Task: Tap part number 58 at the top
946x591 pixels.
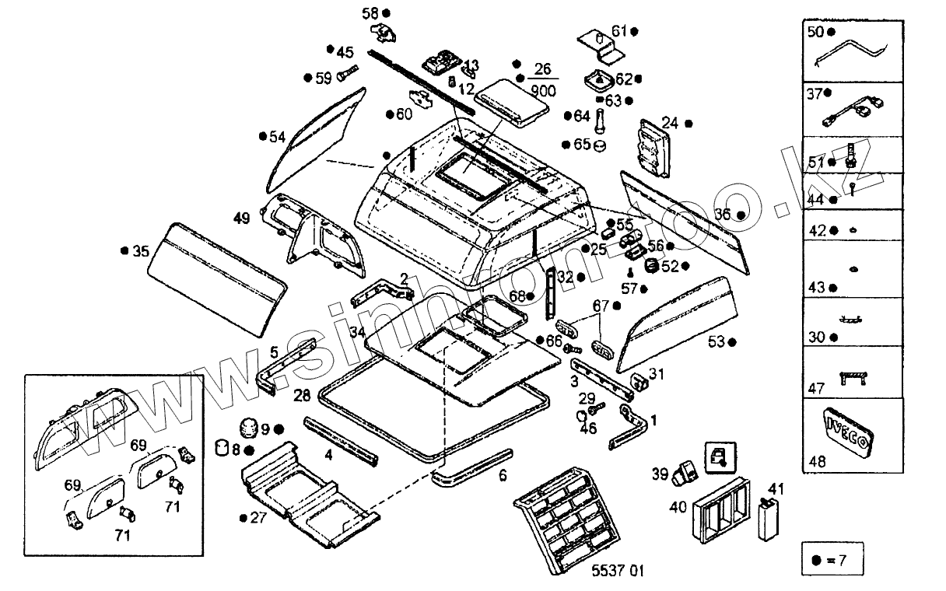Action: [x=370, y=13]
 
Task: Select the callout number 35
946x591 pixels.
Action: [x=140, y=251]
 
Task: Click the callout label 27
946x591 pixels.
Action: [x=258, y=518]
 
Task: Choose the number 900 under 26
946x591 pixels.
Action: [x=542, y=91]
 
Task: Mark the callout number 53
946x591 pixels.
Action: [x=716, y=341]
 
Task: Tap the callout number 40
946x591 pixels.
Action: [x=678, y=508]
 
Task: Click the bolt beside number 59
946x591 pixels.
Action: [x=347, y=75]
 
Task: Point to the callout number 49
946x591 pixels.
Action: [x=241, y=219]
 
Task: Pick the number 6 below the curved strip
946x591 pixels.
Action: [x=503, y=475]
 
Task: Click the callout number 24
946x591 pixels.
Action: [x=671, y=122]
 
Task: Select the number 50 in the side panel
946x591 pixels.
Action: [x=815, y=32]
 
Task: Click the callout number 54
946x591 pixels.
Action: [x=278, y=138]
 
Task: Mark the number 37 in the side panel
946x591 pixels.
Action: [x=815, y=95]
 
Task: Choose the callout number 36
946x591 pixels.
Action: [x=724, y=214]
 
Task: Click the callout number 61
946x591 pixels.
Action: [x=619, y=31]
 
